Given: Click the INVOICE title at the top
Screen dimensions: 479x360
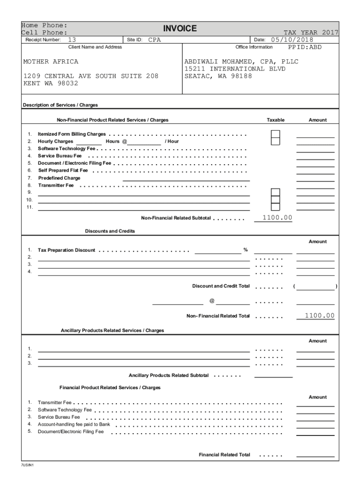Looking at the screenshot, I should click(180, 29).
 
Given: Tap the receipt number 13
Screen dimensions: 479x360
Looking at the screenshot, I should click(72, 40).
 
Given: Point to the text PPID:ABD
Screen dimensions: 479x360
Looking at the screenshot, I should click(304, 47).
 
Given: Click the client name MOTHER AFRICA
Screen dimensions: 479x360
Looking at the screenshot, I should click(51, 62).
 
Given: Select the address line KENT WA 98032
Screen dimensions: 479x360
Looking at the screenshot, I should click(51, 83).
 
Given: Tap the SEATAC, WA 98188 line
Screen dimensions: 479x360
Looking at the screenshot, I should click(218, 76).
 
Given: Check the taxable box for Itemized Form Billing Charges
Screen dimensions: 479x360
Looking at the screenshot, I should click(276, 134).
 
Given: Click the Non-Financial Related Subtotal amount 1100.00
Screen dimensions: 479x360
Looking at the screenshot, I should click(277, 218).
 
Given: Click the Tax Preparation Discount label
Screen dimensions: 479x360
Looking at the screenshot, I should click(66, 250).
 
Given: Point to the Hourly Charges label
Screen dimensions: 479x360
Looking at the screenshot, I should click(56, 141).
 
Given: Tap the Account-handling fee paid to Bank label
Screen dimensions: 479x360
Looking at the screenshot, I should click(74, 424).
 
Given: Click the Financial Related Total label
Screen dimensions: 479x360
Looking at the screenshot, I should click(224, 455).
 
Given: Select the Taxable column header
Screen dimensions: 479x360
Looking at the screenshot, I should click(275, 120).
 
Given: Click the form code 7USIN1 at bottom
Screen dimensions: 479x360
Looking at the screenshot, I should click(28, 465).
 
